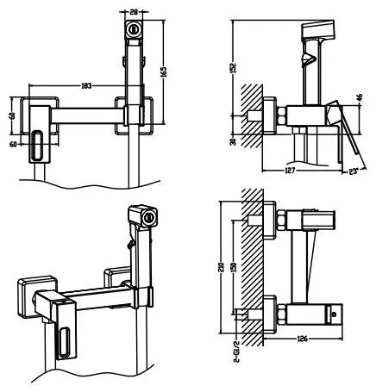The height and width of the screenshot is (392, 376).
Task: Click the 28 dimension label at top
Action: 134,12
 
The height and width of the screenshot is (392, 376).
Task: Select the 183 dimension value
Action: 86,85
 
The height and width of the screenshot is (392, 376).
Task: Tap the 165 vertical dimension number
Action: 163,72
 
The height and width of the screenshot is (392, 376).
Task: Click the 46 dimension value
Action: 360,97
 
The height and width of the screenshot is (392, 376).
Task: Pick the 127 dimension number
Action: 290,171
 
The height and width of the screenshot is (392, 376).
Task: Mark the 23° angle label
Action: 354,171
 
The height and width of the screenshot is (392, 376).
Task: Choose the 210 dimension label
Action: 222,268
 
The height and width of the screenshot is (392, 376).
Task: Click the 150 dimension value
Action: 234,268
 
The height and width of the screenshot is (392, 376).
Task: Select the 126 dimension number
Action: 302,339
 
